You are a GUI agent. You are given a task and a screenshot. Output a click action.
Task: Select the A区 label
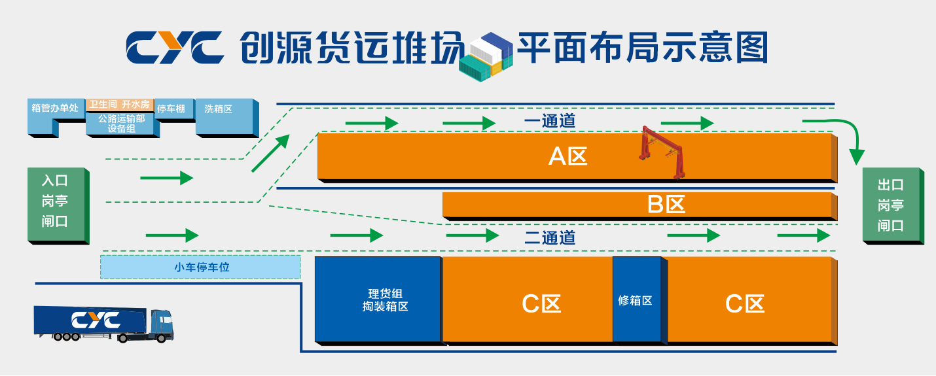[x=567, y=156]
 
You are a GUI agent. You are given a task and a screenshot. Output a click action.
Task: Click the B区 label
[x=666, y=205]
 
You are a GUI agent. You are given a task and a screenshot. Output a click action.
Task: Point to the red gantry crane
[x=662, y=152]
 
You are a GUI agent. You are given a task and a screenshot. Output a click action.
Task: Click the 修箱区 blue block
[x=635, y=300]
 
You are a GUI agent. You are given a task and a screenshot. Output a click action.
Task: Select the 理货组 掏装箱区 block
[x=378, y=299]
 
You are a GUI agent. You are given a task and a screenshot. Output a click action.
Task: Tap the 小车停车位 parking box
[x=201, y=267]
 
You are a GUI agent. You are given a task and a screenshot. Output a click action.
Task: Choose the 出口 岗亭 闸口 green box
[x=891, y=205]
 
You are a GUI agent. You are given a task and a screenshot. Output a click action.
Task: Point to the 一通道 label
[x=550, y=121]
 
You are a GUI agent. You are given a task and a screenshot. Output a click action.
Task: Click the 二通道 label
[x=550, y=237]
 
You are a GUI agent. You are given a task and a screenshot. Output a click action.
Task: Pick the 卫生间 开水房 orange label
[x=120, y=105]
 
